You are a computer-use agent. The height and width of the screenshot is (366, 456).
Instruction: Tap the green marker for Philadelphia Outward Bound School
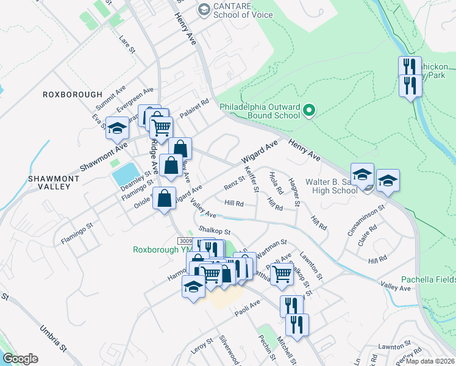click(x=309, y=110)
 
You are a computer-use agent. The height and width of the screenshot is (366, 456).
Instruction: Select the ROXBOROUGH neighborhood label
click(x=73, y=95)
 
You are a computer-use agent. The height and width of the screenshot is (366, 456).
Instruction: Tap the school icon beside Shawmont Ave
click(x=118, y=127)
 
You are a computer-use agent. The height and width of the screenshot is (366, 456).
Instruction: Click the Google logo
click(x=20, y=359)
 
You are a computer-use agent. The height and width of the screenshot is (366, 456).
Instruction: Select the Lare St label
click(x=125, y=42)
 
